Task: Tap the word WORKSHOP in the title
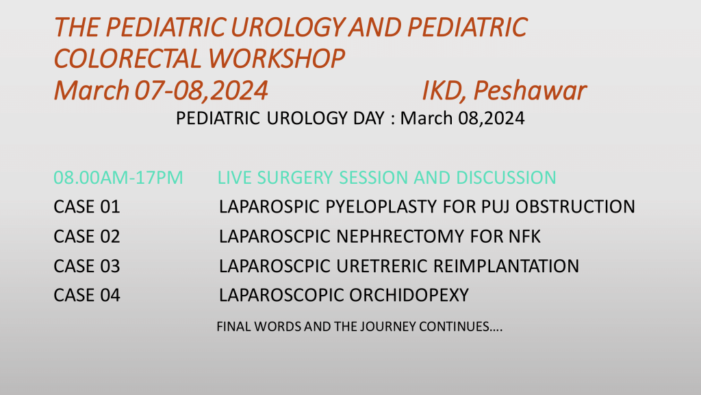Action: pyautogui.click(x=277, y=59)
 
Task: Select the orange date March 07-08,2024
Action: pyautogui.click(x=161, y=91)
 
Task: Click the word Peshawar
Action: pyautogui.click(x=530, y=91)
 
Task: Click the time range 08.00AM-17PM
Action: pyautogui.click(x=118, y=178)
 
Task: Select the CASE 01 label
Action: pyautogui.click(x=87, y=207)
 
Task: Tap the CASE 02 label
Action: pyautogui.click(x=87, y=237)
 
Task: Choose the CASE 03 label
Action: pyautogui.click(x=87, y=266)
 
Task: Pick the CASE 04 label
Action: pyautogui.click(x=87, y=295)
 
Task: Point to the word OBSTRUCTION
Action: pyautogui.click(x=575, y=207)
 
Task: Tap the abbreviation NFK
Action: pyautogui.click(x=524, y=237)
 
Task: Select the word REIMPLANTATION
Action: pyautogui.click(x=506, y=266)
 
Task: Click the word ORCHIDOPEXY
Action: pyautogui.click(x=409, y=295)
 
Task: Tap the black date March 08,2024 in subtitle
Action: pyautogui.click(x=462, y=118)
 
